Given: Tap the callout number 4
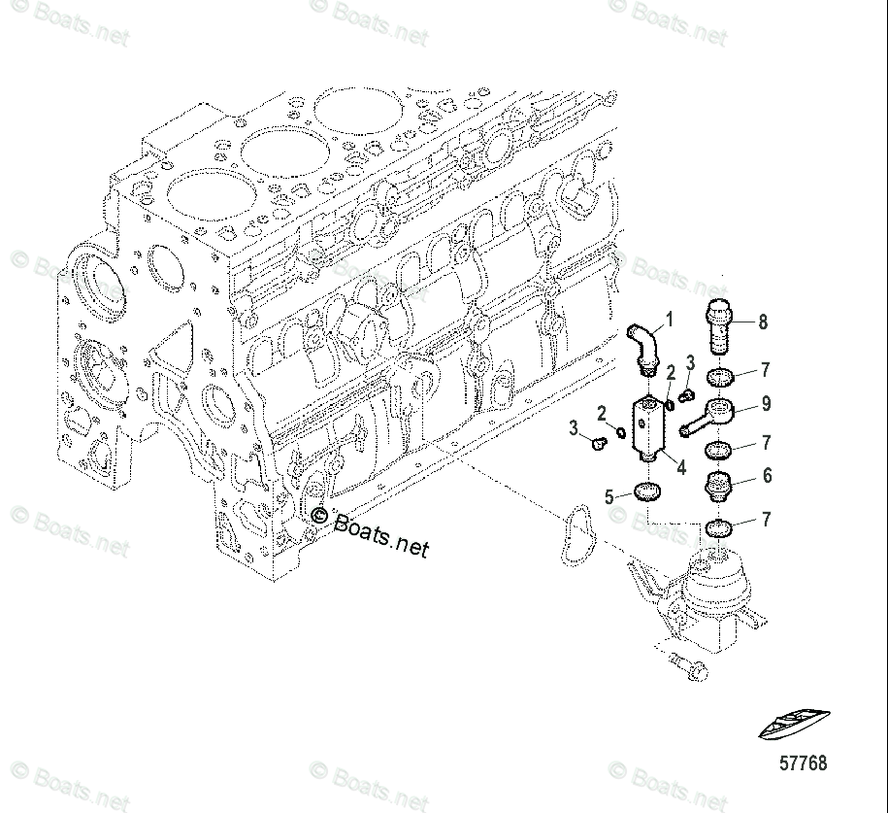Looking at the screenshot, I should tap(681, 467).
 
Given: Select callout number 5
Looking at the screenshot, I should tap(610, 496).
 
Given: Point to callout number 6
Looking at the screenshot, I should tap(767, 475).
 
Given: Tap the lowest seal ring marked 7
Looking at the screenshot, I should tap(719, 527).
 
